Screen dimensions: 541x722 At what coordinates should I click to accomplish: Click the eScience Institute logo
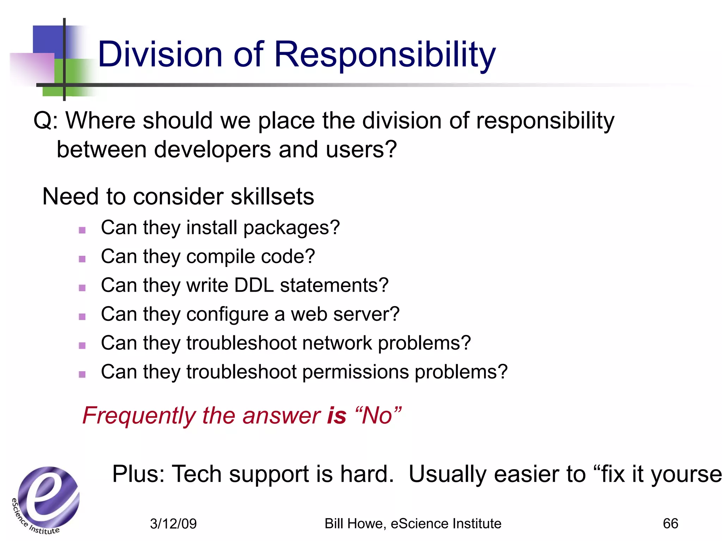[x=46, y=500]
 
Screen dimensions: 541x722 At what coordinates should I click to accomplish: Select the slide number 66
[x=670, y=524]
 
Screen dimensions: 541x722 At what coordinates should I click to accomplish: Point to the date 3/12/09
[x=173, y=524]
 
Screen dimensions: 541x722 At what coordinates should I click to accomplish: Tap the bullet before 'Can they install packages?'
[x=82, y=230]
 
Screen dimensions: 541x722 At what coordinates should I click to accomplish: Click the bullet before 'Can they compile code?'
[x=82, y=259]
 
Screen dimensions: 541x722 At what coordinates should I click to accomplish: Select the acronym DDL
[x=254, y=285]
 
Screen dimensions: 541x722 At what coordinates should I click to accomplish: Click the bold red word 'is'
[x=337, y=416]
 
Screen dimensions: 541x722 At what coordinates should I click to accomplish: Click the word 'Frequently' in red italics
[x=139, y=416]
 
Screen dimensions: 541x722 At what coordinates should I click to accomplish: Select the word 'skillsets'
[x=272, y=197]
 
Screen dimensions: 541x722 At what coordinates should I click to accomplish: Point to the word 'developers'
[x=213, y=150]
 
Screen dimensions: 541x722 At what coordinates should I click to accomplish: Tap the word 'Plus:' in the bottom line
[x=138, y=474]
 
